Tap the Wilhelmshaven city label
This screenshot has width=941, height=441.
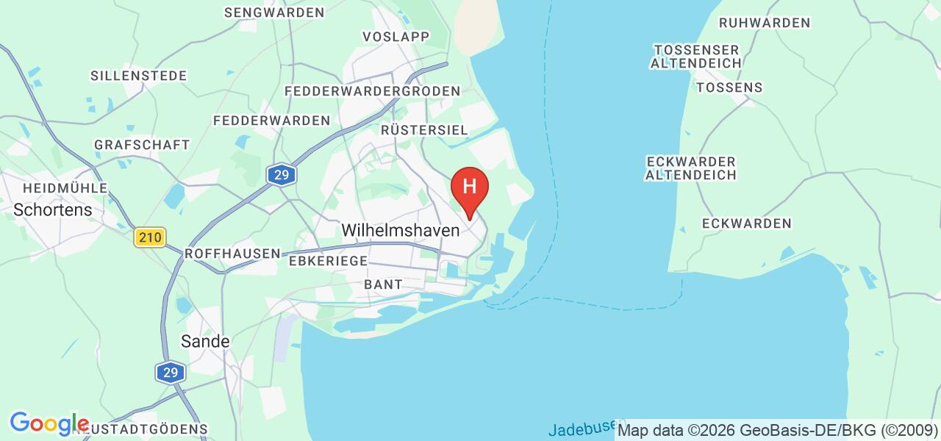pyautogui.click(x=401, y=230)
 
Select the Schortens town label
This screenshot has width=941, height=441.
pyautogui.click(x=53, y=209)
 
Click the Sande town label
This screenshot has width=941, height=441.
pyautogui.click(x=205, y=341)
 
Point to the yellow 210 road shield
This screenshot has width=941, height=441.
pyautogui.click(x=150, y=237)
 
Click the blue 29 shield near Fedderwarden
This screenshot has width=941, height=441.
pyautogui.click(x=281, y=175)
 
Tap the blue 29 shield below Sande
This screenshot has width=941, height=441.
pyautogui.click(x=171, y=373)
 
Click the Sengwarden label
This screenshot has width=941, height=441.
pyautogui.click(x=274, y=12)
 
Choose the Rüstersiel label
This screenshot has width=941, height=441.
pyautogui.click(x=424, y=129)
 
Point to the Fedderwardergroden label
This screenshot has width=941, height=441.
pyautogui.click(x=372, y=91)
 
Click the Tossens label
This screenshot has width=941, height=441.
pyautogui.click(x=729, y=87)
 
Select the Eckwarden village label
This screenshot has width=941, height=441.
pyautogui.click(x=746, y=223)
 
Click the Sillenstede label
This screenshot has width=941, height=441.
pyautogui.click(x=138, y=76)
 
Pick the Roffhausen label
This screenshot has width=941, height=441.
pyautogui.click(x=232, y=253)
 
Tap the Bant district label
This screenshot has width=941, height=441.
pyautogui.click(x=383, y=284)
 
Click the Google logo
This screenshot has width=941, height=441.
pyautogui.click(x=49, y=423)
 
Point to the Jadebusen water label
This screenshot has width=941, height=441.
pyautogui.click(x=582, y=429)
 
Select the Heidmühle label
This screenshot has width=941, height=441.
pyautogui.click(x=65, y=187)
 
